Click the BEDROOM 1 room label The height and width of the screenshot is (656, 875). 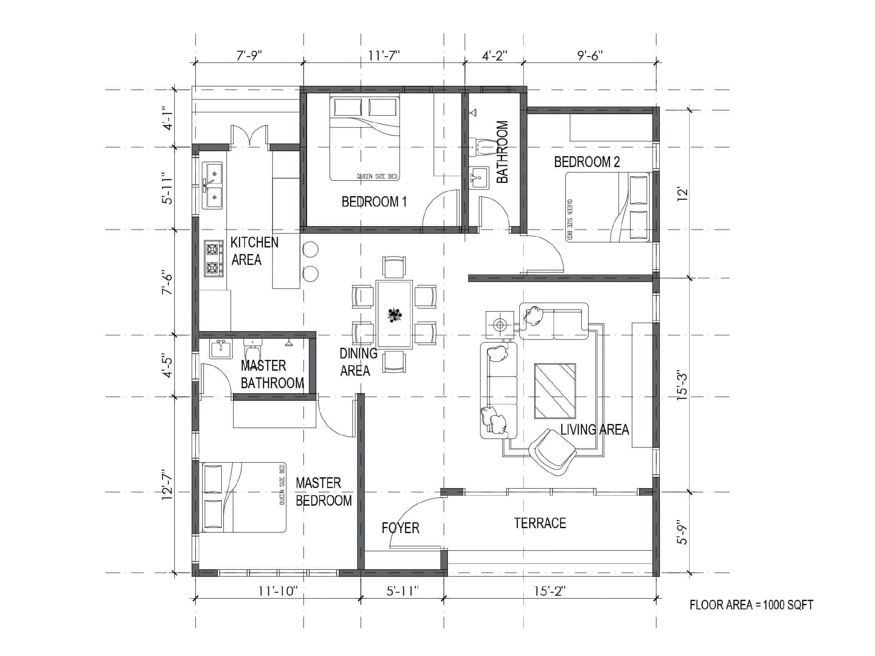pyautogui.click(x=374, y=202)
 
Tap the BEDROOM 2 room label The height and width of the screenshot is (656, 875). pyautogui.click(x=587, y=162)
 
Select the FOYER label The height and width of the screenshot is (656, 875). pyautogui.click(x=400, y=528)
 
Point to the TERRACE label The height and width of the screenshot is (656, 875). pyautogui.click(x=540, y=523)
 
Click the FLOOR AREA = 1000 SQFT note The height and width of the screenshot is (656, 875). pyautogui.click(x=751, y=605)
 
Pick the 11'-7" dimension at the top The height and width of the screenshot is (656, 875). pyautogui.click(x=384, y=55)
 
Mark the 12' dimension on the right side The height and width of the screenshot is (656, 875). pyautogui.click(x=682, y=195)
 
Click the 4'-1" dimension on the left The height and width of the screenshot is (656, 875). pyautogui.click(x=168, y=120)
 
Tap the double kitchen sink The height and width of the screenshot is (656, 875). pyautogui.click(x=212, y=185)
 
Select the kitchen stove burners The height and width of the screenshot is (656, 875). pyautogui.click(x=213, y=258)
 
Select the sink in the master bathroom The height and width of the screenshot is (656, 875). pyautogui.click(x=221, y=349)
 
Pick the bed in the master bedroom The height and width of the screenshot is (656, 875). pyautogui.click(x=244, y=497)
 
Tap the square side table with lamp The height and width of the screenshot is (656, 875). pyautogui.click(x=499, y=324)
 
